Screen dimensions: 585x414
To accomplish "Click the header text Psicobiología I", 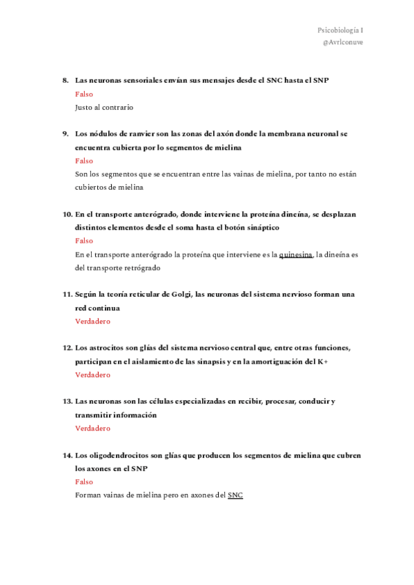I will pos(339,30).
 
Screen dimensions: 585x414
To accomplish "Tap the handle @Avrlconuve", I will pos(342,42).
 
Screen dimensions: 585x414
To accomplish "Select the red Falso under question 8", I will pos(83,95).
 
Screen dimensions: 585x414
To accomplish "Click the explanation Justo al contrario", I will pos(104,108).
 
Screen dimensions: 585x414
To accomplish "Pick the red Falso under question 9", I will pos(83,161).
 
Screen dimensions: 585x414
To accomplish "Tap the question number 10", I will pos(67,214).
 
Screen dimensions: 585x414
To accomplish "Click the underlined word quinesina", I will pos(296,255).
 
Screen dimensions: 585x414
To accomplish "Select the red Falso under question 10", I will pos(83,241).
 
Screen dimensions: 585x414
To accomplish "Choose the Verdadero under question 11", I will pos(92,321).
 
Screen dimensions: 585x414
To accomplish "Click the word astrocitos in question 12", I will pos(106,348).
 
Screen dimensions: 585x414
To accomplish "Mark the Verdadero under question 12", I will pos(92,375).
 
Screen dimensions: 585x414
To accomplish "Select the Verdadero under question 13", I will pos(92,428).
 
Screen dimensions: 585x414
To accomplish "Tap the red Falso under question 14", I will pos(83,482).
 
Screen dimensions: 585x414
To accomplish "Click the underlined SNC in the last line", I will pos(235,495).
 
